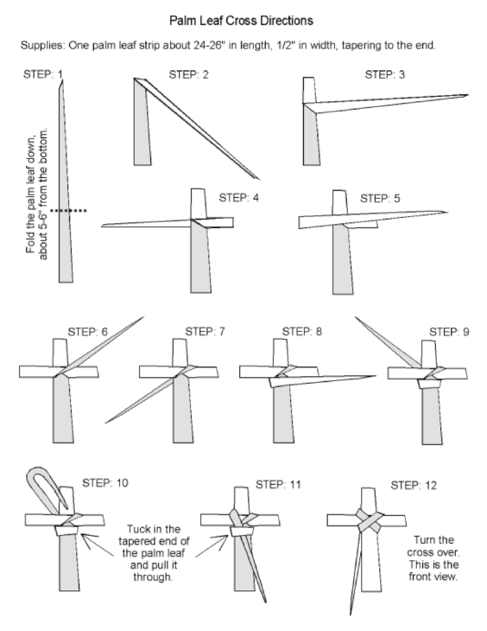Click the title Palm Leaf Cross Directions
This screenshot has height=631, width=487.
(241, 21)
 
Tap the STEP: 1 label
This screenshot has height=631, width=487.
(43, 74)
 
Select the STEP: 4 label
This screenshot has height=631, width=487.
(239, 198)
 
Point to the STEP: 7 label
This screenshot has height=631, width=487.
(206, 332)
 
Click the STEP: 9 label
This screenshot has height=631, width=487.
(449, 332)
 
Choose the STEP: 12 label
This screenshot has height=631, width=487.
(414, 485)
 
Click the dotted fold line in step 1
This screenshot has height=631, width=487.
(68, 210)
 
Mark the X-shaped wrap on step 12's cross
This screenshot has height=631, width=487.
(370, 520)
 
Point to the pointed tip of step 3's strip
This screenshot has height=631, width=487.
(468, 95)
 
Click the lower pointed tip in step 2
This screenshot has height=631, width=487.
(259, 179)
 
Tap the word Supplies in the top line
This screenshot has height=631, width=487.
(42, 45)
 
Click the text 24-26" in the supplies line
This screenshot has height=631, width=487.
(207, 45)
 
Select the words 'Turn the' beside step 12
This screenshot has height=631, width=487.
(433, 539)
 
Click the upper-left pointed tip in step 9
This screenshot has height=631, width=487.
(356, 317)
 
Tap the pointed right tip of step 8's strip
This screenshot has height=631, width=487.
(375, 376)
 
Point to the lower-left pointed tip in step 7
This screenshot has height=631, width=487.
(106, 423)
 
